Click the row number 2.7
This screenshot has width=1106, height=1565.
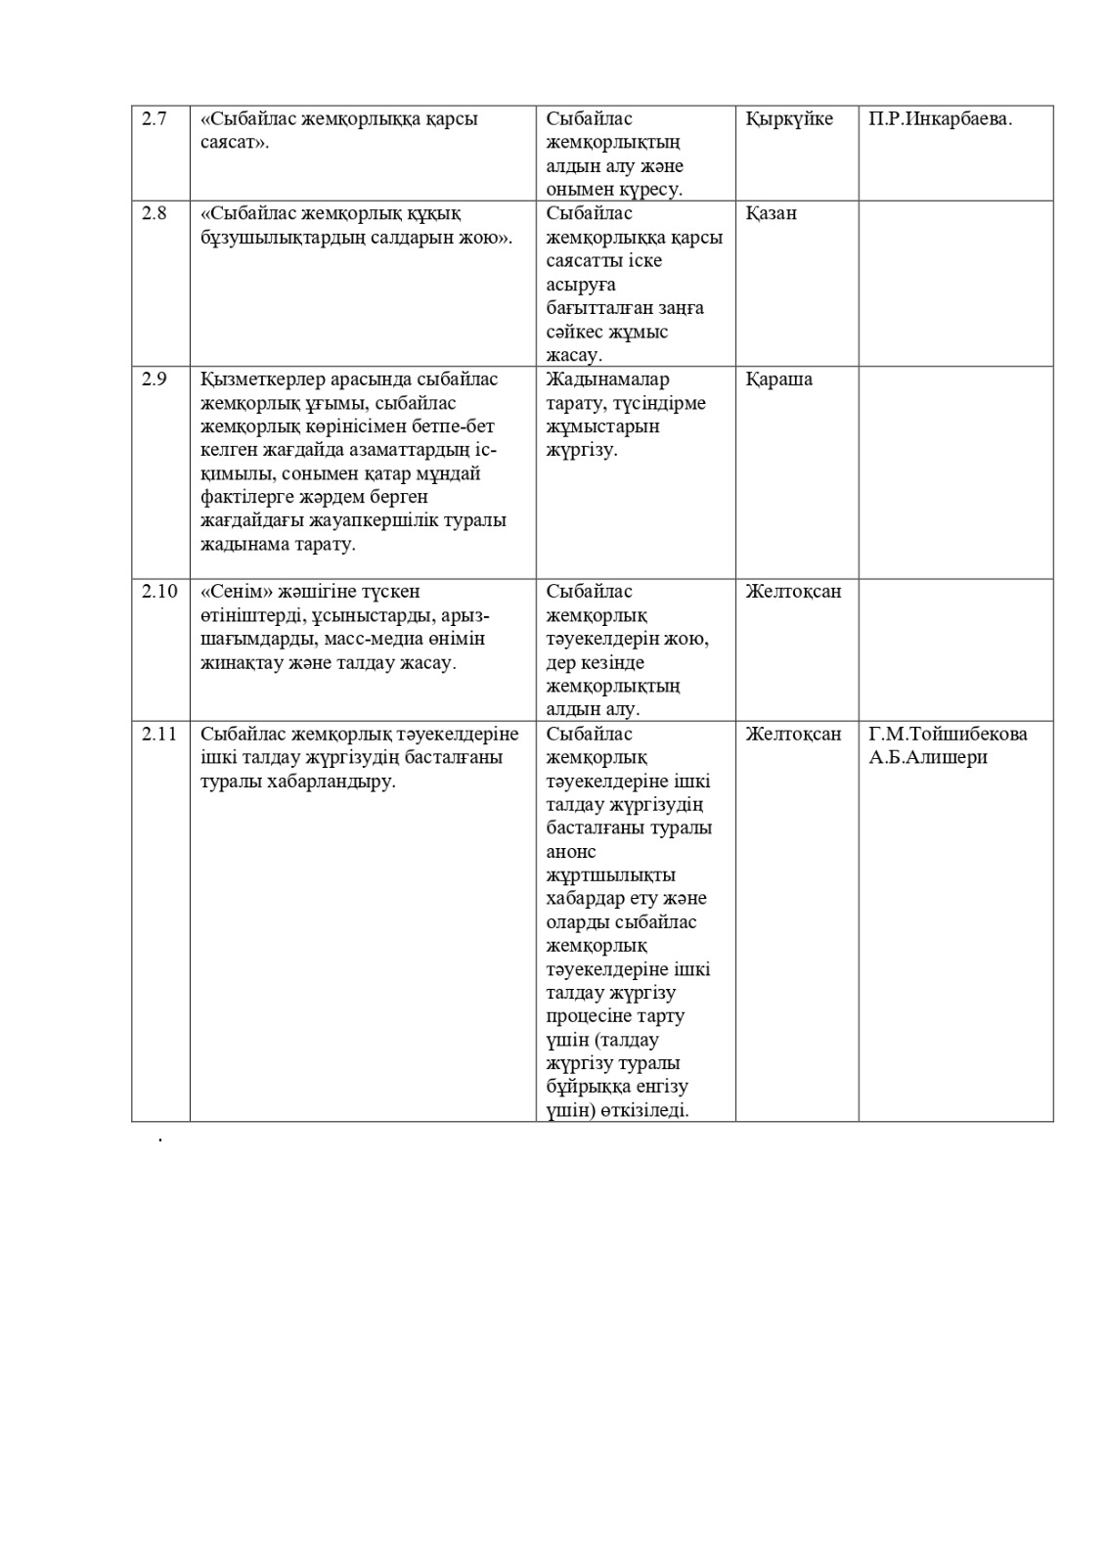(155, 119)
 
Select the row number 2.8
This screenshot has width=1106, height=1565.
(155, 213)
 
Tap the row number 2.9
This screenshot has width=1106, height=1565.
(155, 380)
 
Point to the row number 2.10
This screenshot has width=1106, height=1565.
(159, 592)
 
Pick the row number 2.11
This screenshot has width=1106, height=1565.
(159, 734)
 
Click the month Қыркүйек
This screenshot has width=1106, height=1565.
(789, 119)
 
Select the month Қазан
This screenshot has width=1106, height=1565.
(771, 213)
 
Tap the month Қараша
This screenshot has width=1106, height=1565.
(778, 380)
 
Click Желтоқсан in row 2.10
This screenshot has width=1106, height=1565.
(793, 592)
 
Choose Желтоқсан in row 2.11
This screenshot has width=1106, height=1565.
(793, 734)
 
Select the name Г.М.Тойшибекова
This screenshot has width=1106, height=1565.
(948, 734)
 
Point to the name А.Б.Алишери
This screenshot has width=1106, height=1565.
(928, 757)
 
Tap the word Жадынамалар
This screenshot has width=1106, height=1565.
(608, 380)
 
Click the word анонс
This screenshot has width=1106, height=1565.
(571, 852)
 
